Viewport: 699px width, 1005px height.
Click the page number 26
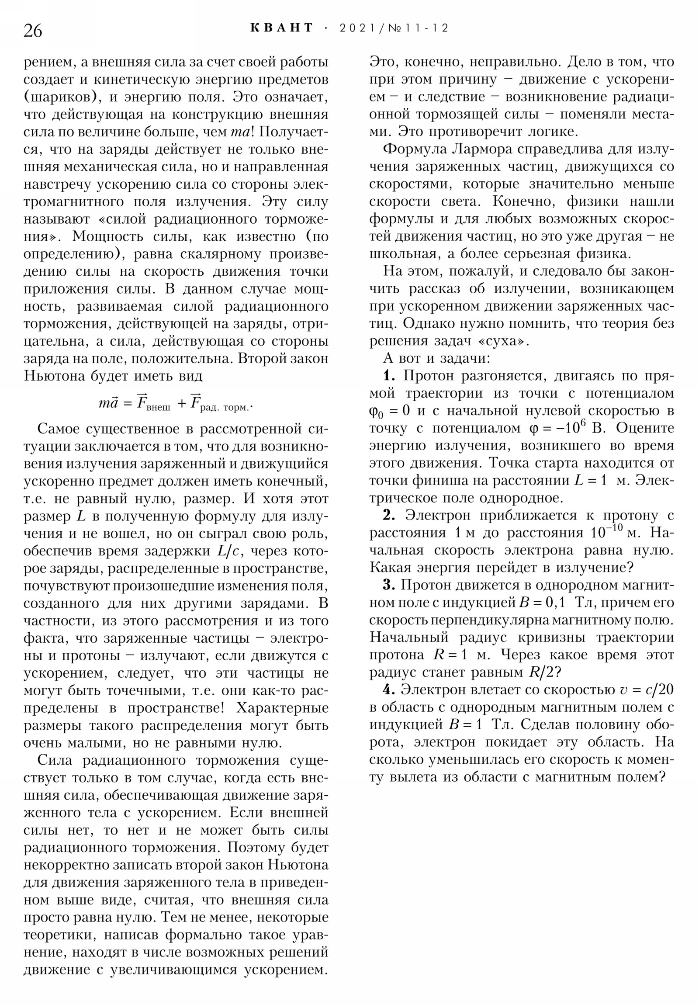coord(33,31)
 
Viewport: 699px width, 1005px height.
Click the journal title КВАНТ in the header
coord(282,28)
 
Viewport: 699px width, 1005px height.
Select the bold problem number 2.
coord(389,515)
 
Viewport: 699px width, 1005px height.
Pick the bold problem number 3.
coord(389,585)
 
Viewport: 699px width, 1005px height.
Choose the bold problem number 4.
coord(389,690)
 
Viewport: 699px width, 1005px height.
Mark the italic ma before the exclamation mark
coord(239,132)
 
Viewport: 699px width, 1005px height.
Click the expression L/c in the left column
coord(227,551)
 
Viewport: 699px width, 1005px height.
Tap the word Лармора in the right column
coord(482,149)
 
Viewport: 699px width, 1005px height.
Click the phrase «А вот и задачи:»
coord(437,358)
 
